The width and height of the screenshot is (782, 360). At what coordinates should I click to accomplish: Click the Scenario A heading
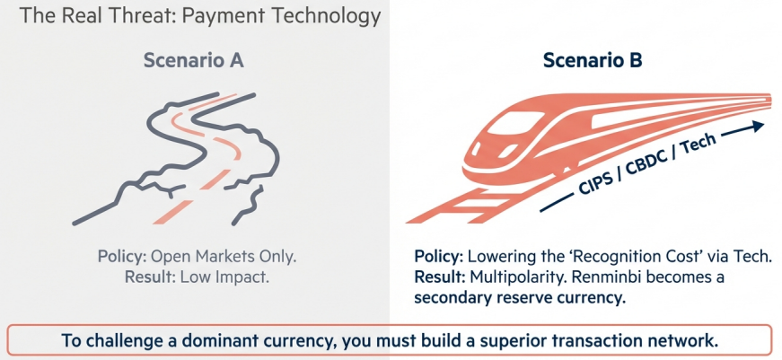pos(194,61)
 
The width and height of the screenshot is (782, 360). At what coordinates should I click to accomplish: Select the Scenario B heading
pos(592,61)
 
